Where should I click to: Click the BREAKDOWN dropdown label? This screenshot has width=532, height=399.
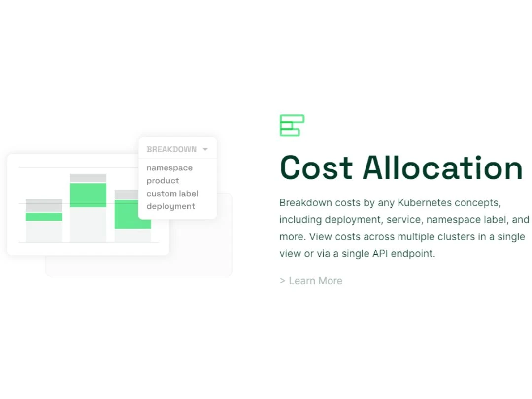pyautogui.click(x=171, y=149)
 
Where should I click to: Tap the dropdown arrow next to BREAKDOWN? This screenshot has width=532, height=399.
pyautogui.click(x=205, y=149)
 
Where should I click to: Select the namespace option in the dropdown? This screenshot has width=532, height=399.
pyautogui.click(x=169, y=168)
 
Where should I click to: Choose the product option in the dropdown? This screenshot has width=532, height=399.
pyautogui.click(x=163, y=181)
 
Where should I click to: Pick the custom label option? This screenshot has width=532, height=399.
pyautogui.click(x=172, y=194)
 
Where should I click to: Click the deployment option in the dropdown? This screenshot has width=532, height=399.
pyautogui.click(x=170, y=206)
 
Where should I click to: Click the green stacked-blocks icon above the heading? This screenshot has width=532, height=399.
pyautogui.click(x=292, y=126)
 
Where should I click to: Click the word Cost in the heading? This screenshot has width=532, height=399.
pyautogui.click(x=316, y=168)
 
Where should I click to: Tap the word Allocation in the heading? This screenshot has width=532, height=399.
pyautogui.click(x=442, y=168)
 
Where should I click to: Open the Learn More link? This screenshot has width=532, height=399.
pyautogui.click(x=311, y=281)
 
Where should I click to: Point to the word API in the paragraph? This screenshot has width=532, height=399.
pyautogui.click(x=380, y=254)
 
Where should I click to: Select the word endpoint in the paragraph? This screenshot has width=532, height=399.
pyautogui.click(x=413, y=254)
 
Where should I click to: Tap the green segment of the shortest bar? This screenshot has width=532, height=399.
pyautogui.click(x=44, y=217)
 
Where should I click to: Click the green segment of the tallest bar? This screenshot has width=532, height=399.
pyautogui.click(x=88, y=195)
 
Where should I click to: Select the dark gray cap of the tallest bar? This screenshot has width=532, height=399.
pyautogui.click(x=88, y=178)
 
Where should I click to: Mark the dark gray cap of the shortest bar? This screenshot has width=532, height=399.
pyautogui.click(x=44, y=205)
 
